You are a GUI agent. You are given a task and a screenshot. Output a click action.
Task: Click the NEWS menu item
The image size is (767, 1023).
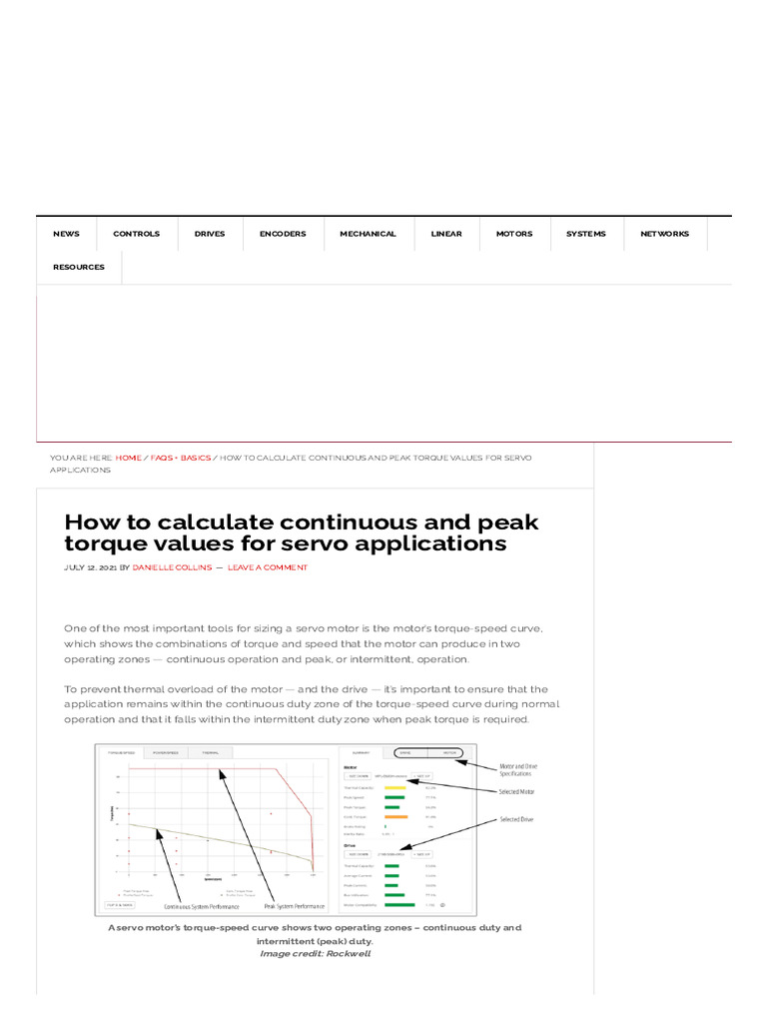[x=66, y=234]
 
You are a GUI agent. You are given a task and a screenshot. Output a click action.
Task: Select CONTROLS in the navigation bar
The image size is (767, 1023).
[x=136, y=234]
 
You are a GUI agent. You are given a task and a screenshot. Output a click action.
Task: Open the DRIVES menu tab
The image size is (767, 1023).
[x=210, y=234]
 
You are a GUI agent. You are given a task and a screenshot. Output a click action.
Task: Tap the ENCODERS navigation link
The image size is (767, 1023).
[x=283, y=234]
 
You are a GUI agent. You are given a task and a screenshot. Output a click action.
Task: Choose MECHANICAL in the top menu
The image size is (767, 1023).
[x=368, y=234]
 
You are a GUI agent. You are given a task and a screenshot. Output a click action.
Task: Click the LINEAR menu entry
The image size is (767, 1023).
[x=446, y=234]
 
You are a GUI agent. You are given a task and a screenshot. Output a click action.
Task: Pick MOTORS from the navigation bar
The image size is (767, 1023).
[x=514, y=234]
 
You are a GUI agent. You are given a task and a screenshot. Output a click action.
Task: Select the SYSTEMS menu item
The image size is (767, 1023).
[x=585, y=234]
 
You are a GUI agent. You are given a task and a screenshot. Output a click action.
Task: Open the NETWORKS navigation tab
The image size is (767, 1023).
[x=664, y=234]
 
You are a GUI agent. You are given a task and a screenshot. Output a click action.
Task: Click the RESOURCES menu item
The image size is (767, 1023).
[x=79, y=268]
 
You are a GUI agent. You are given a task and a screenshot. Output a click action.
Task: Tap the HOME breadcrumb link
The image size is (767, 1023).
[x=128, y=458]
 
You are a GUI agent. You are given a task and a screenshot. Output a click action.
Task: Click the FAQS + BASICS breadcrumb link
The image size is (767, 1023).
[x=181, y=458]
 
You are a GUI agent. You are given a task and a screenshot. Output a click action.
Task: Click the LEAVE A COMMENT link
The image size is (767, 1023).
[x=268, y=567]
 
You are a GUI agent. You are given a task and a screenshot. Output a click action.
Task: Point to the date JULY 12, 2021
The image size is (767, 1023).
[x=90, y=567]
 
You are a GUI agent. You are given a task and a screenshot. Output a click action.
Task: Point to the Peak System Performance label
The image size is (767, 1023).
[x=295, y=906]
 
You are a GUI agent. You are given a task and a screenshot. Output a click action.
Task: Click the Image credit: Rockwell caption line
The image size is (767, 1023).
[x=315, y=953]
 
